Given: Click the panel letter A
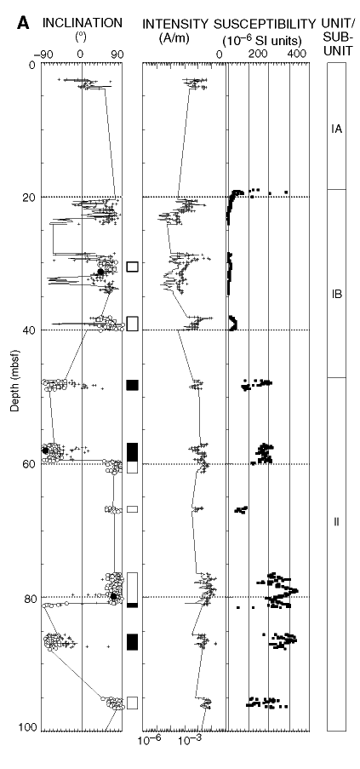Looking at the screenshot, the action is [x=23, y=23].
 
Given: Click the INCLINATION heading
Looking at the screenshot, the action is [x=82, y=22].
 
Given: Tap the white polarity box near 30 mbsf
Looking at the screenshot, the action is [x=133, y=267].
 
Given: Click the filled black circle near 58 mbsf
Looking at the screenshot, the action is [x=46, y=450].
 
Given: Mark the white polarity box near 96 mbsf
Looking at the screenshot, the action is [x=133, y=703].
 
